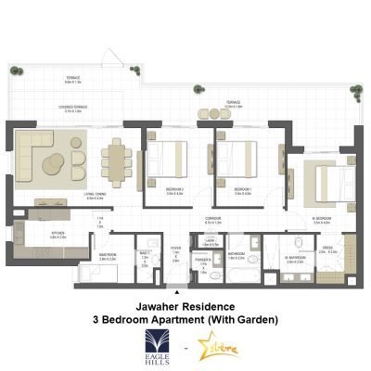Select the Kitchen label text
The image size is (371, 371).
click(x=58, y=234)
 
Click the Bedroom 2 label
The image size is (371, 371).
click(x=174, y=189)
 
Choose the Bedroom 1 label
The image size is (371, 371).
click(x=243, y=192)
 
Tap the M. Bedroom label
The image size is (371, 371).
click(x=322, y=219)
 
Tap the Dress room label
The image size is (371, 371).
click(x=327, y=248)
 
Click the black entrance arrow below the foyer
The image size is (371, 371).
click(x=174, y=291)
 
